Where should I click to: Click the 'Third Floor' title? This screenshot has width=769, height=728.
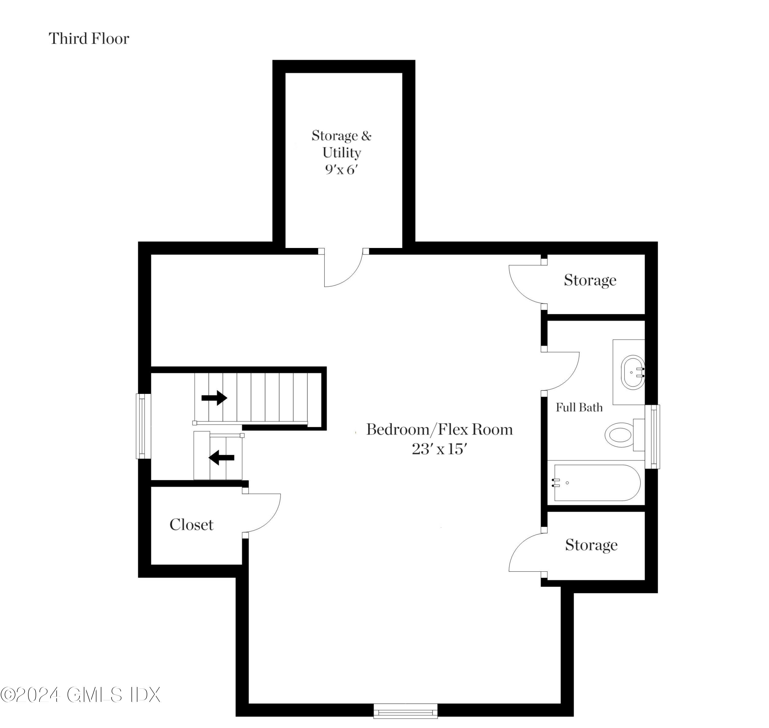point(89,39)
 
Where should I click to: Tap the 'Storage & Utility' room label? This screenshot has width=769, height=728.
point(341,144)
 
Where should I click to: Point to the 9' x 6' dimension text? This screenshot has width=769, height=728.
point(340,169)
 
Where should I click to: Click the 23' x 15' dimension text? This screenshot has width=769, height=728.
point(439,449)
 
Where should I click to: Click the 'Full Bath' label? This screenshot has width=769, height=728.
point(579,407)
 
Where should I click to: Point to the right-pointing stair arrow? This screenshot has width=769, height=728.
point(214,398)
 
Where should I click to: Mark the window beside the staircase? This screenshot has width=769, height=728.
point(143,426)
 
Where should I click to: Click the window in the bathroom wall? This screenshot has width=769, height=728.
point(652,436)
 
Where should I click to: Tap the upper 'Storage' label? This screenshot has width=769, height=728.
point(590,280)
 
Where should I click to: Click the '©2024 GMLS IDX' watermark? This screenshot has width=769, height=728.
point(80,695)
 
